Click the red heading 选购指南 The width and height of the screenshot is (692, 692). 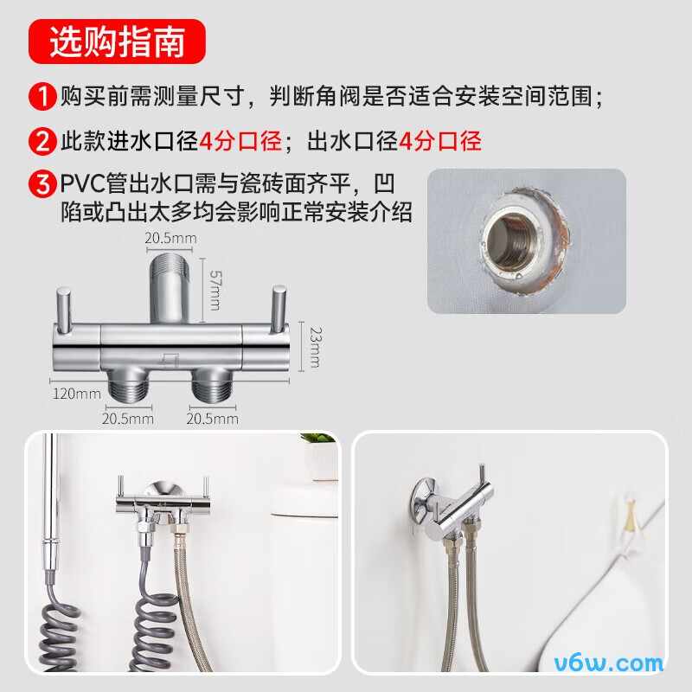pos(116,42)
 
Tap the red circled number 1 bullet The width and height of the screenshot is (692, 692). pos(42,96)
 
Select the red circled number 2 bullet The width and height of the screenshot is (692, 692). pos(42,141)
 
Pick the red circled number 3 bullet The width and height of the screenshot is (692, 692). pos(42,185)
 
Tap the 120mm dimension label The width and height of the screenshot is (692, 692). pos(76,394)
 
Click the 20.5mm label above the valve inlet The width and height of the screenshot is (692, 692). pos(170,238)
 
